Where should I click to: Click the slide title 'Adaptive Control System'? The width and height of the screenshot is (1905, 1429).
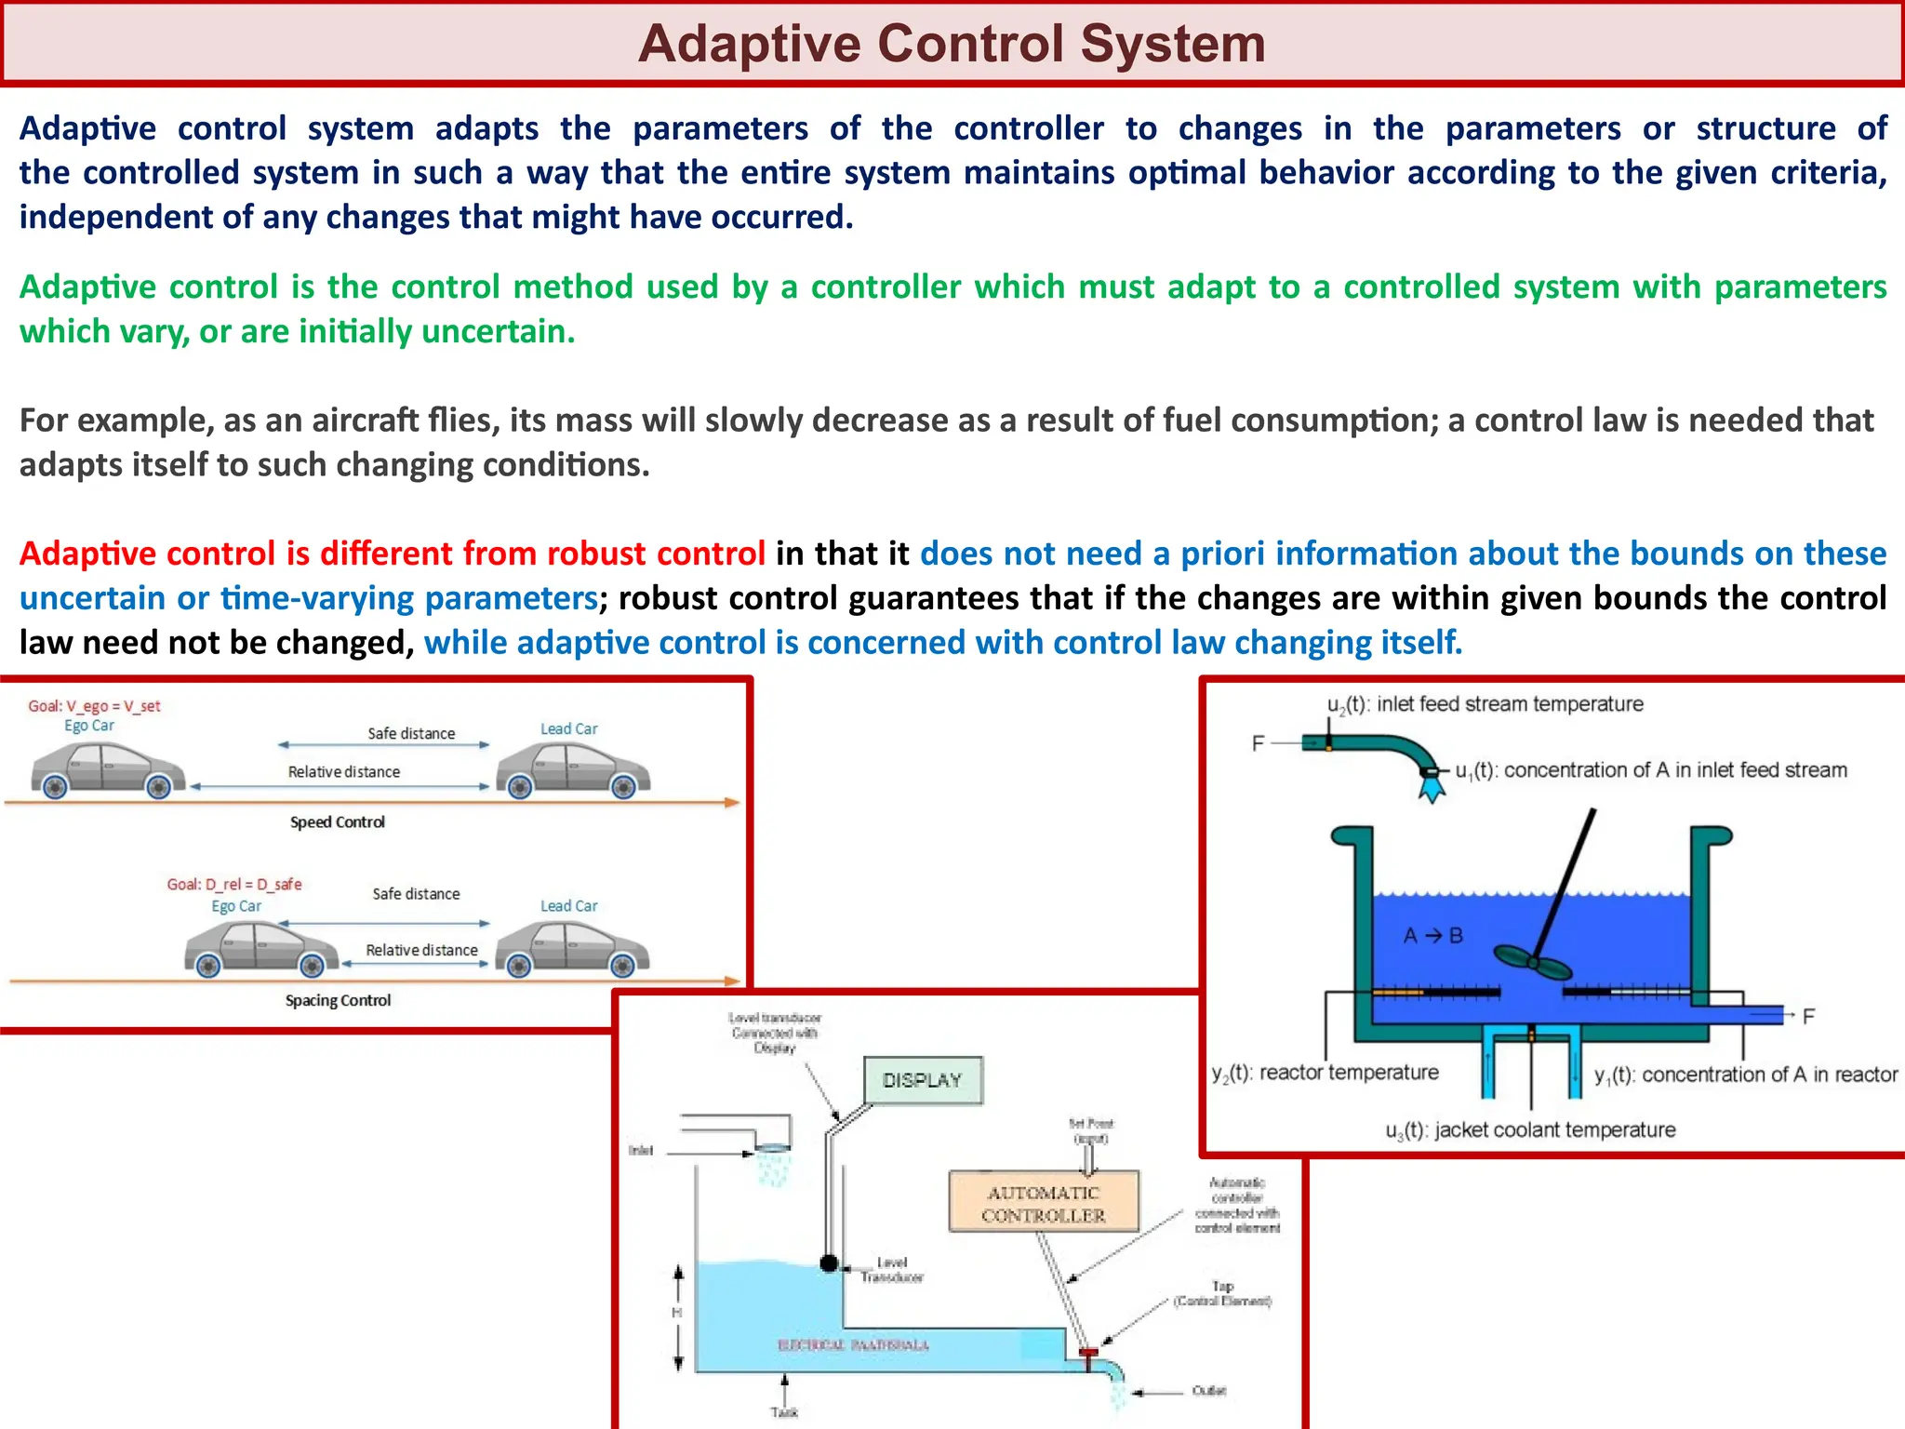click(952, 44)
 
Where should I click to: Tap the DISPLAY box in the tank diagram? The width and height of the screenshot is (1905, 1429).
click(922, 1080)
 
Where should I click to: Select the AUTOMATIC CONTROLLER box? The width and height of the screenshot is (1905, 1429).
click(1044, 1203)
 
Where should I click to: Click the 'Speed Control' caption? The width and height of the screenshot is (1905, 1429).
click(337, 822)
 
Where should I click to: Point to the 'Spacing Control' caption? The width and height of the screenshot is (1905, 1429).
click(338, 1001)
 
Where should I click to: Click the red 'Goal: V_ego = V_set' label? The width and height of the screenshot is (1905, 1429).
click(94, 706)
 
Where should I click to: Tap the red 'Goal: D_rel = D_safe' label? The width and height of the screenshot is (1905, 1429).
click(234, 884)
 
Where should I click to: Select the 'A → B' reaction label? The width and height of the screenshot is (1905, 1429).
click(1432, 936)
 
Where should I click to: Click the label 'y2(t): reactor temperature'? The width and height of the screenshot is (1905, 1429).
click(1325, 1074)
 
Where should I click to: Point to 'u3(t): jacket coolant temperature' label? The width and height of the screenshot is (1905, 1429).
click(1530, 1130)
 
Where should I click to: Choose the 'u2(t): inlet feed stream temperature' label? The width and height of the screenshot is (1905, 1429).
click(1485, 704)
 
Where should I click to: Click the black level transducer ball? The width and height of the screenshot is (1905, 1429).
click(829, 1263)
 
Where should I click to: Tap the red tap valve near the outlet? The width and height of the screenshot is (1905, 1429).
click(1087, 1353)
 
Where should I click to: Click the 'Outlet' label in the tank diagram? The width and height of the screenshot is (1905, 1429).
click(1209, 1391)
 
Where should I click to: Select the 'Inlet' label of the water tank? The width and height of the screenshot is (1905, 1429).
click(641, 1151)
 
